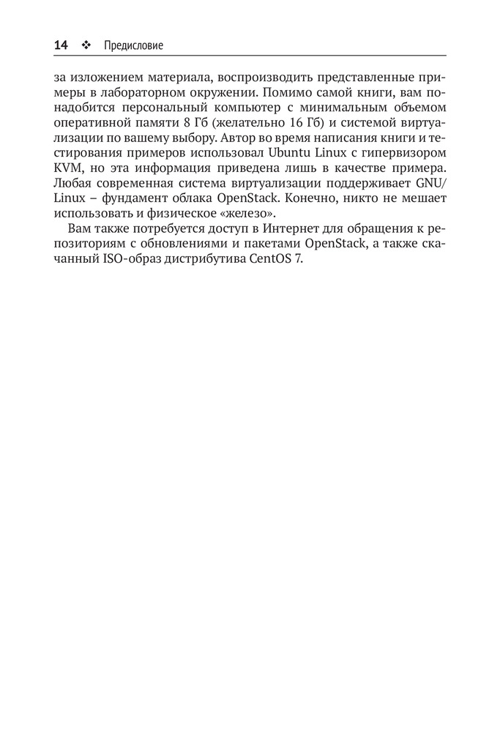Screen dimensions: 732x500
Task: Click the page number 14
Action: [61, 45]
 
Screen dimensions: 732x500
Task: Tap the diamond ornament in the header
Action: [86, 45]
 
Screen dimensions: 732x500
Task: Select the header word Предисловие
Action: [133, 45]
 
